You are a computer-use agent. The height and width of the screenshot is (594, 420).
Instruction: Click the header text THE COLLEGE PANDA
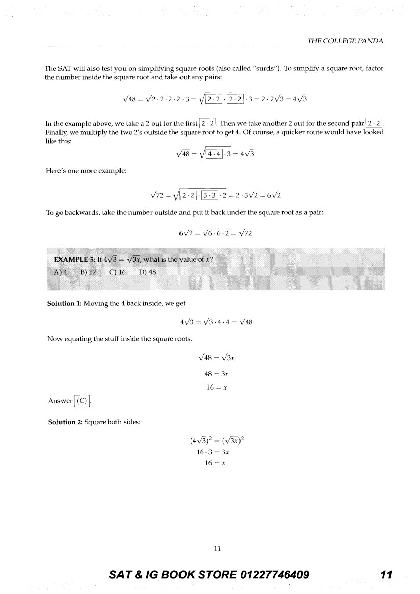[x=345, y=41]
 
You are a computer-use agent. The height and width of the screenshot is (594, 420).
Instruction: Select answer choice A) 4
[x=61, y=272]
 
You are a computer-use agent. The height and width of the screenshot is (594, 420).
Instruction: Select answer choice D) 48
[x=147, y=272]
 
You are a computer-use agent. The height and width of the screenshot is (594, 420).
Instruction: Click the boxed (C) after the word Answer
[x=82, y=401]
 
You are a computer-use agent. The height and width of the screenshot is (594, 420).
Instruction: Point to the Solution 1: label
[x=65, y=303]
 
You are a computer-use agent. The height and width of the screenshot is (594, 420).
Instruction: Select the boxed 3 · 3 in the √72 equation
[x=211, y=195]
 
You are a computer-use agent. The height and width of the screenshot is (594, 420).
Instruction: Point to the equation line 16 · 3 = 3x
[x=213, y=452]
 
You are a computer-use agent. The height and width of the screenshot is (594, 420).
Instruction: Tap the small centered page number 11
[x=217, y=548]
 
